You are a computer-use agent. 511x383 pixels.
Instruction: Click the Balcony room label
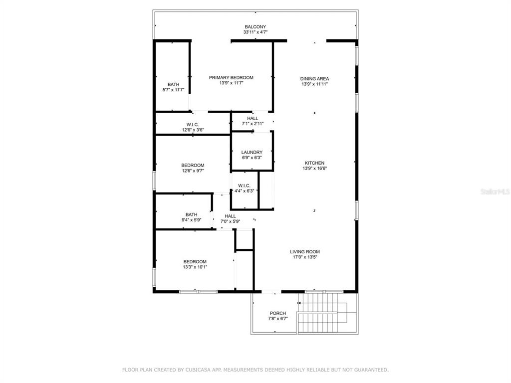pyautogui.click(x=255, y=27)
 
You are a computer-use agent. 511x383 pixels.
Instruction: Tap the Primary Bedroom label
pyautogui.click(x=231, y=77)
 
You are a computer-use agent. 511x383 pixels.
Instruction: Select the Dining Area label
pyautogui.click(x=314, y=78)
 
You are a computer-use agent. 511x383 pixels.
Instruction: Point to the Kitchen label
pyautogui.click(x=314, y=163)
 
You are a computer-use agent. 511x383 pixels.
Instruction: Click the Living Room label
pyautogui.click(x=305, y=251)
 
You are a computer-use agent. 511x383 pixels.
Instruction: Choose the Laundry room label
pyautogui.click(x=252, y=152)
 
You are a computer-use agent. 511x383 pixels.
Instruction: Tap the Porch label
pyautogui.click(x=278, y=313)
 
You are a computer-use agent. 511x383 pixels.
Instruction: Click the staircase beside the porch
pyautogui.click(x=323, y=313)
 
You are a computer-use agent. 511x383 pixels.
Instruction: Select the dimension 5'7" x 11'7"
pyautogui.click(x=173, y=90)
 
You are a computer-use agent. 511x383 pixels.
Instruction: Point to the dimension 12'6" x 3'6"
pyautogui.click(x=193, y=130)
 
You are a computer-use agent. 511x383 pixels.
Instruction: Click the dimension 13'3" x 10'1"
pyautogui.click(x=195, y=267)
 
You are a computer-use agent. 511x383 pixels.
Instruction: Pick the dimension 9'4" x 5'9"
pyautogui.click(x=191, y=220)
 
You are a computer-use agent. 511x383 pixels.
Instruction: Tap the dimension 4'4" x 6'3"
pyautogui.click(x=244, y=191)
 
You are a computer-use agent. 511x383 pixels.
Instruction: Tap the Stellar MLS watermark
pyautogui.click(x=495, y=192)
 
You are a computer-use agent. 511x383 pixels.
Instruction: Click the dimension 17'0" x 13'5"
pyautogui.click(x=305, y=257)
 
